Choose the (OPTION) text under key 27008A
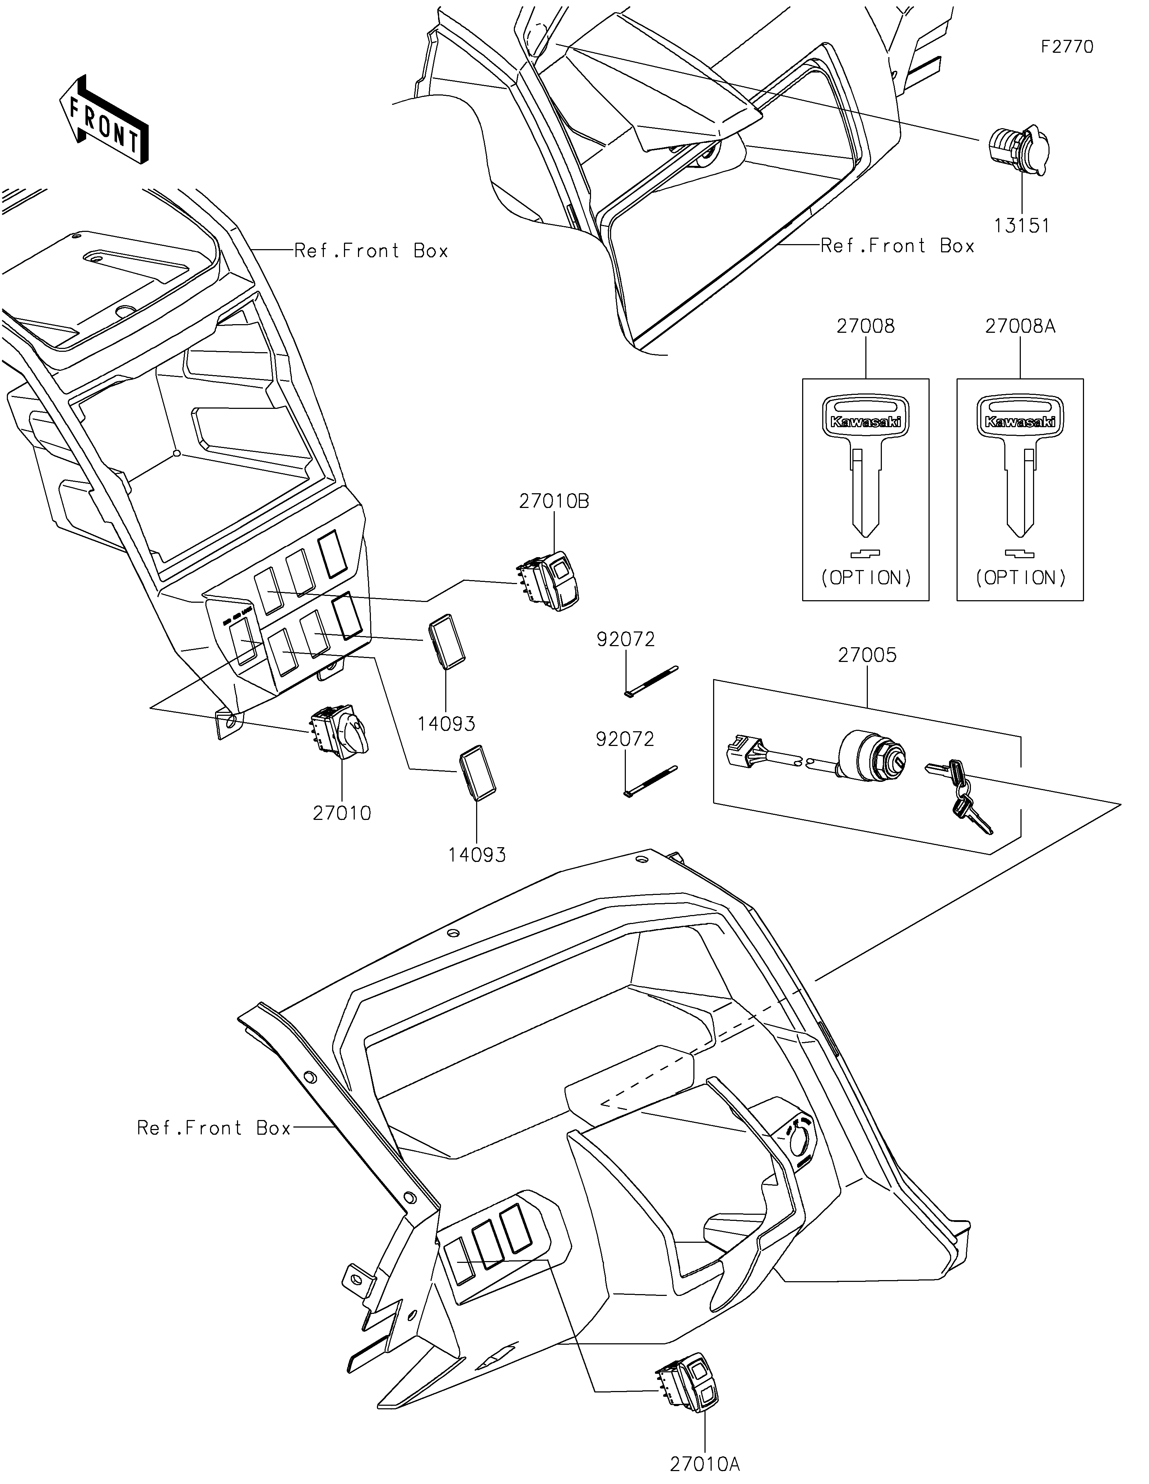coord(1020,578)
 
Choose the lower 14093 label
coord(477,855)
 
